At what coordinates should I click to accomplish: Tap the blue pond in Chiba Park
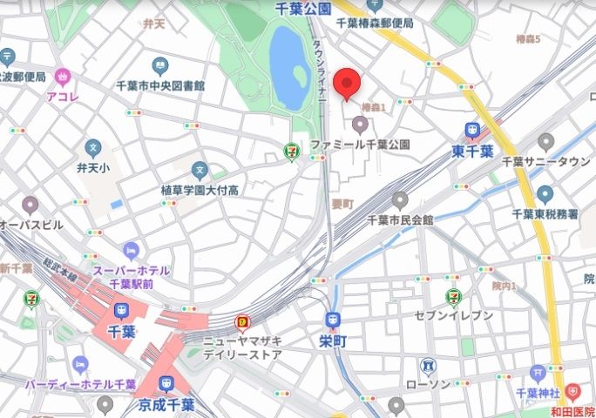(288, 57)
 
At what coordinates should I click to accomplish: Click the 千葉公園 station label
(302, 8)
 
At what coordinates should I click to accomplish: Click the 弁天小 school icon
(93, 147)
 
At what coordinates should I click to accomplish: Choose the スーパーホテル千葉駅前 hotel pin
(131, 252)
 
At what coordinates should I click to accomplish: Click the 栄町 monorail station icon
(333, 320)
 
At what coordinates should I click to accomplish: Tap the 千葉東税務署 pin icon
(545, 194)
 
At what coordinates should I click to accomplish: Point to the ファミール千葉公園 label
(360, 144)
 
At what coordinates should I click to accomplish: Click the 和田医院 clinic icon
(572, 393)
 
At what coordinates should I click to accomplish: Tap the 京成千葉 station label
(166, 405)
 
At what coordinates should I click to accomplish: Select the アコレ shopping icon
(63, 77)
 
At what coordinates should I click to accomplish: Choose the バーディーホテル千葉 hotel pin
(81, 364)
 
